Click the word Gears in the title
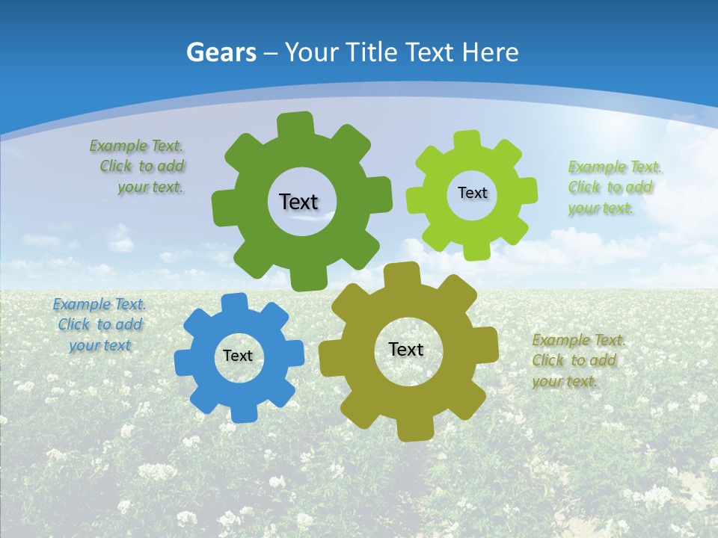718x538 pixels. [x=221, y=52]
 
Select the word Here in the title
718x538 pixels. [x=490, y=52]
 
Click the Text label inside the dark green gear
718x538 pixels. [x=298, y=202]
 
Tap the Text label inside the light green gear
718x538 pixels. [x=472, y=193]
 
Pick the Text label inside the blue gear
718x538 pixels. [x=238, y=356]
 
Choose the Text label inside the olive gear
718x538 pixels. [x=406, y=349]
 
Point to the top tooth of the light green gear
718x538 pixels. [x=467, y=140]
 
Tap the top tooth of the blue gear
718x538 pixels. [x=234, y=303]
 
